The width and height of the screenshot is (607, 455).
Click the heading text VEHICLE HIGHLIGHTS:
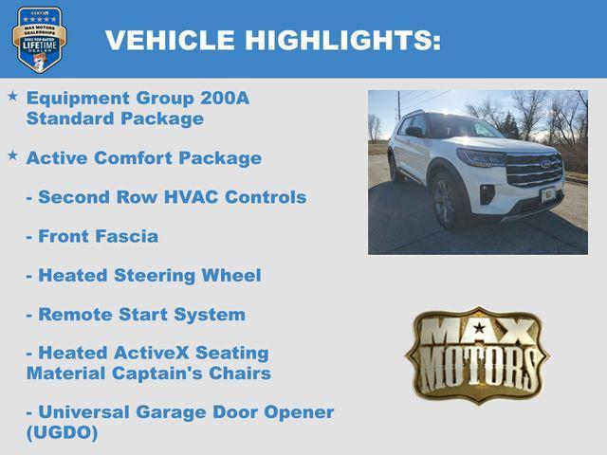272,41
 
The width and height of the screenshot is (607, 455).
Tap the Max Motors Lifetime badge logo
39,39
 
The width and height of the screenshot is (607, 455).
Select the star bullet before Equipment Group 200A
12,97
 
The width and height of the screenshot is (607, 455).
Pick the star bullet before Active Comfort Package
12,155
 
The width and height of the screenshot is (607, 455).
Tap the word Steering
155,276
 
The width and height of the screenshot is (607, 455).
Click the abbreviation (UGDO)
62,433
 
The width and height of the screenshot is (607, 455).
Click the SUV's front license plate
548,194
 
